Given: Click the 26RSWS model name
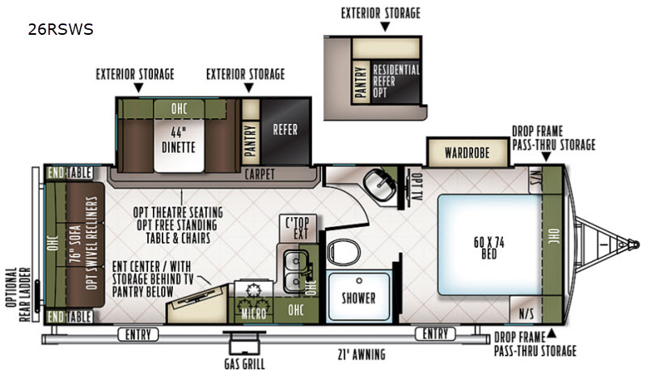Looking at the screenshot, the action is [61, 29].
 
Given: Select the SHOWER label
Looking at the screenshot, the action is [358, 298].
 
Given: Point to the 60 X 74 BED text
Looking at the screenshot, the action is [489, 248].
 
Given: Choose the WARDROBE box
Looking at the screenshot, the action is [467, 152].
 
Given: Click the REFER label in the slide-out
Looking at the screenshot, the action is [285, 130].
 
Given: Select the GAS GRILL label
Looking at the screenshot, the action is [245, 364].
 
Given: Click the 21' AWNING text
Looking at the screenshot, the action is [362, 355].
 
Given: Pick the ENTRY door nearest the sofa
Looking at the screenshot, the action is [138, 334].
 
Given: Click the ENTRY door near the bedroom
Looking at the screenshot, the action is [435, 334].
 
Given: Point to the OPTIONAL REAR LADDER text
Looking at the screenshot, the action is [19, 295].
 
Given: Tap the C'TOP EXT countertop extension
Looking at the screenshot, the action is [298, 228].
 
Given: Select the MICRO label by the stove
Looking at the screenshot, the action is [254, 314].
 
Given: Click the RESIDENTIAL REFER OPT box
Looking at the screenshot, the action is [395, 81].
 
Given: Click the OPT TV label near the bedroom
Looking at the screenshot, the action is [417, 186].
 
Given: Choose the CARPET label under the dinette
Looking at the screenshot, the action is [260, 174].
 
